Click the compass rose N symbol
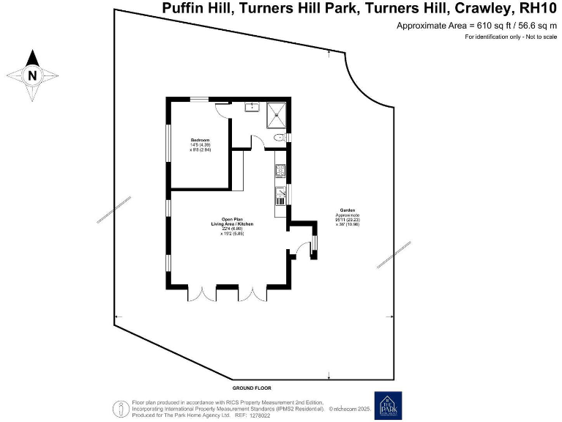[x=32, y=75]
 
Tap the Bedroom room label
[x=201, y=140]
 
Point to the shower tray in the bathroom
[x=277, y=111]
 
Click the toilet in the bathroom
[x=279, y=137]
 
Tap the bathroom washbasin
[x=252, y=106]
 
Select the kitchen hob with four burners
[x=280, y=171]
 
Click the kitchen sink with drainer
[x=280, y=196]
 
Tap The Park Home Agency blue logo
[x=389, y=406]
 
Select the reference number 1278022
[x=261, y=415]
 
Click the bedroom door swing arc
[x=222, y=109]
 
